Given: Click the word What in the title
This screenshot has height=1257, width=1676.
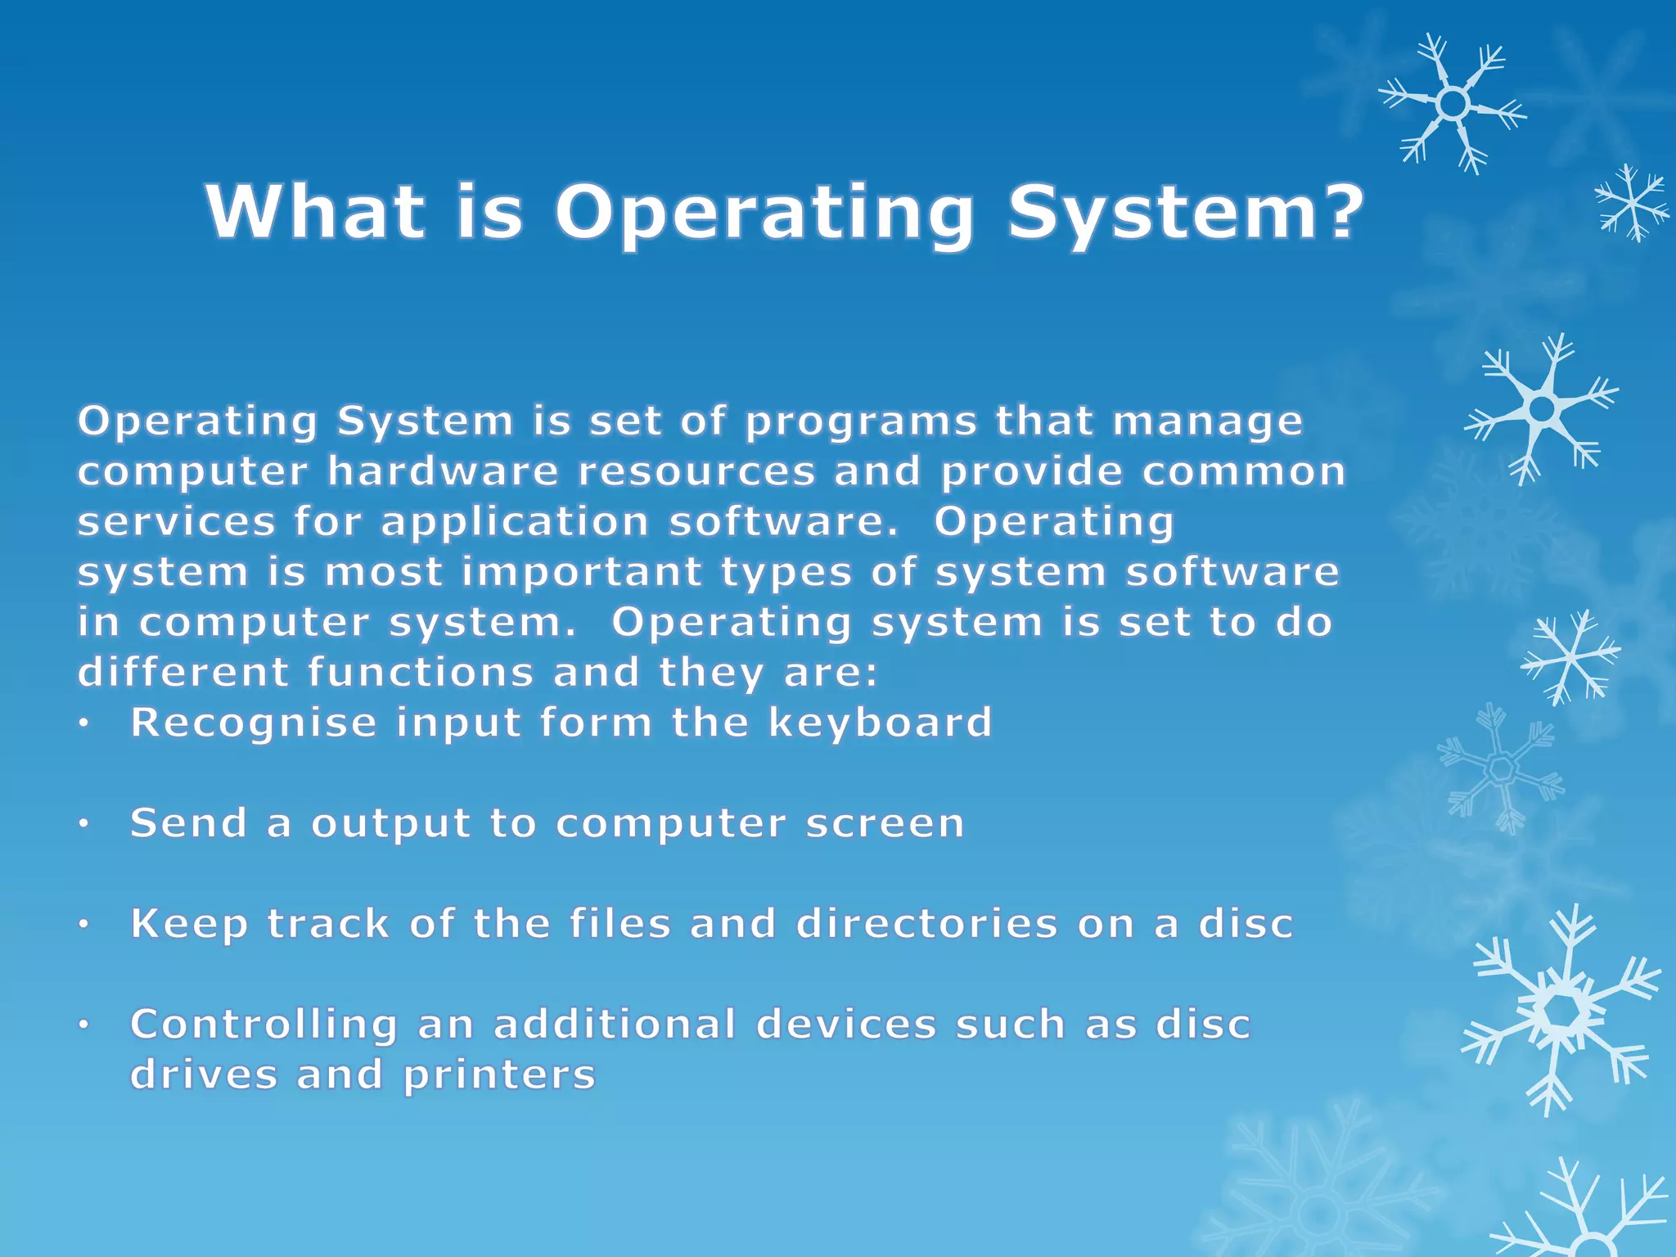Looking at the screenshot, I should [x=316, y=211].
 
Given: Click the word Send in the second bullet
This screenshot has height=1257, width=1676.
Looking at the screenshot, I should [x=189, y=822].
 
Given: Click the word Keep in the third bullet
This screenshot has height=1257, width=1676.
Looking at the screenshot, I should [x=189, y=925].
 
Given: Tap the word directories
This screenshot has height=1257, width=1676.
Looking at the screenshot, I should [x=927, y=923].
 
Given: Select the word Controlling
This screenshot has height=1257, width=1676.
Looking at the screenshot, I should [x=264, y=1025].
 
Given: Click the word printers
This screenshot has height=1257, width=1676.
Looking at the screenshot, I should [x=499, y=1075].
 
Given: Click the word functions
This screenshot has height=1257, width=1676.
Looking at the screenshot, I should [x=421, y=673].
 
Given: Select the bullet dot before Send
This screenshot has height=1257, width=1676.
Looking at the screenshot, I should [x=83, y=825].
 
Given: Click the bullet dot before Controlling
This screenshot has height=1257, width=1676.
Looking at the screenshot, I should [x=83, y=1025].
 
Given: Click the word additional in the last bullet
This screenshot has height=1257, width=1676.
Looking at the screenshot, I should [x=615, y=1025].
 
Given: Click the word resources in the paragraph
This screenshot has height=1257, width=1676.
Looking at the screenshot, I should [x=696, y=472].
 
